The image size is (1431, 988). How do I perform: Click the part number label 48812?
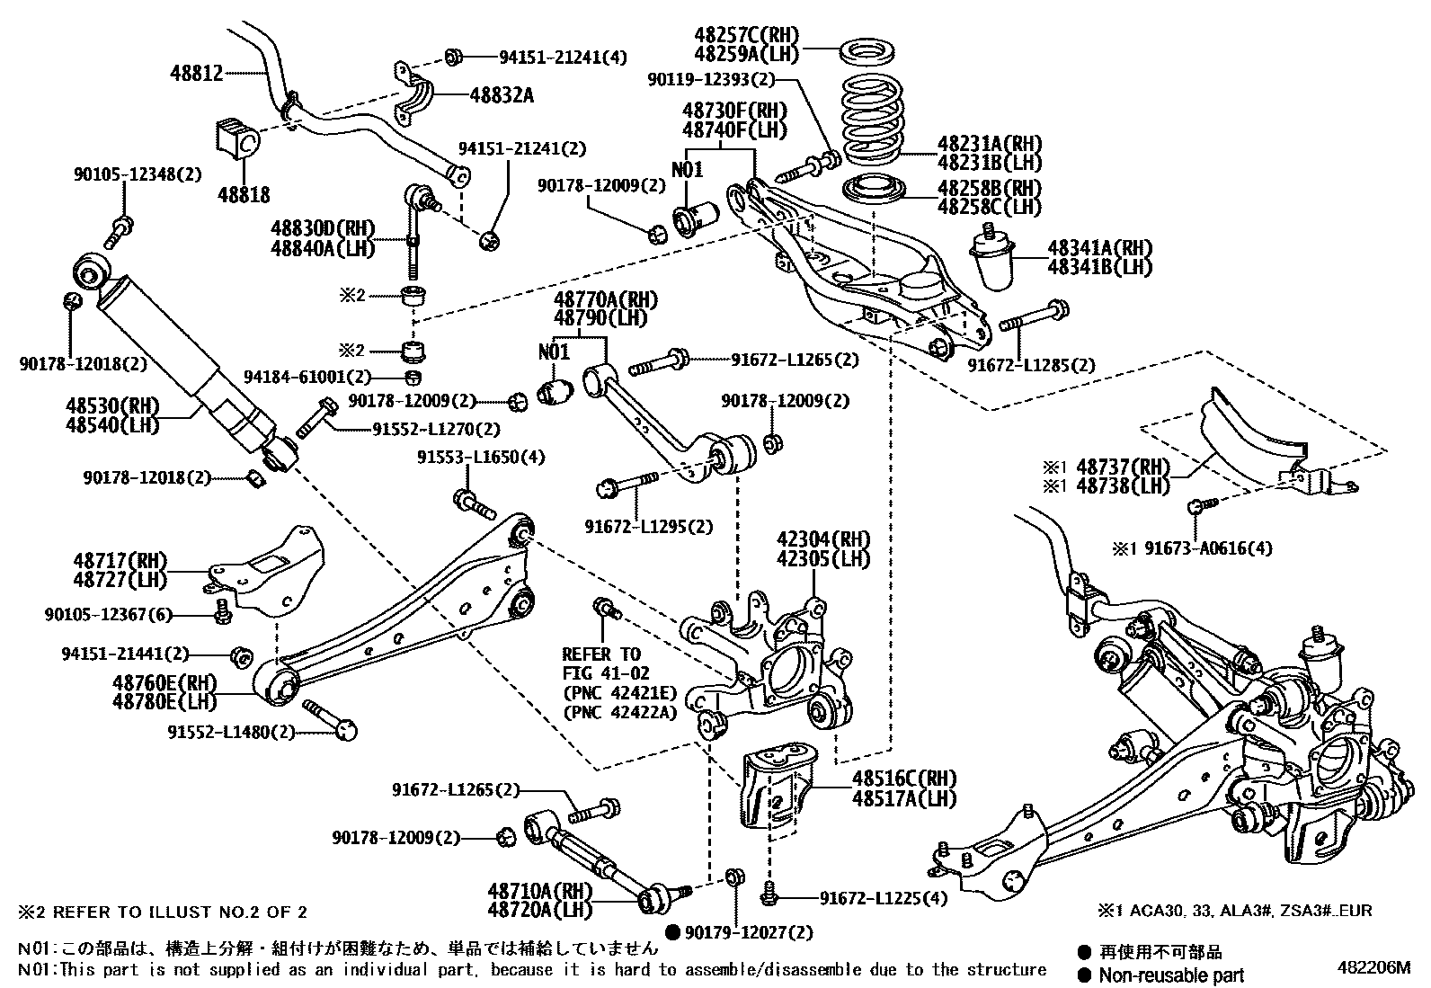click(197, 73)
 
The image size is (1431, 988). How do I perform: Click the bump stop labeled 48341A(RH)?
click(994, 260)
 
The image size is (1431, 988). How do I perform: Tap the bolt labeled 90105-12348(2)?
click(120, 230)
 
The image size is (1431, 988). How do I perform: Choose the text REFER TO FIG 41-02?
click(600, 663)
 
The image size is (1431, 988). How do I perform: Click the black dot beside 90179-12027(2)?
click(671, 931)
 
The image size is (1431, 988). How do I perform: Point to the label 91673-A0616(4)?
click(1207, 547)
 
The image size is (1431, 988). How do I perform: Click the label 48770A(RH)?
click(606, 299)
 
